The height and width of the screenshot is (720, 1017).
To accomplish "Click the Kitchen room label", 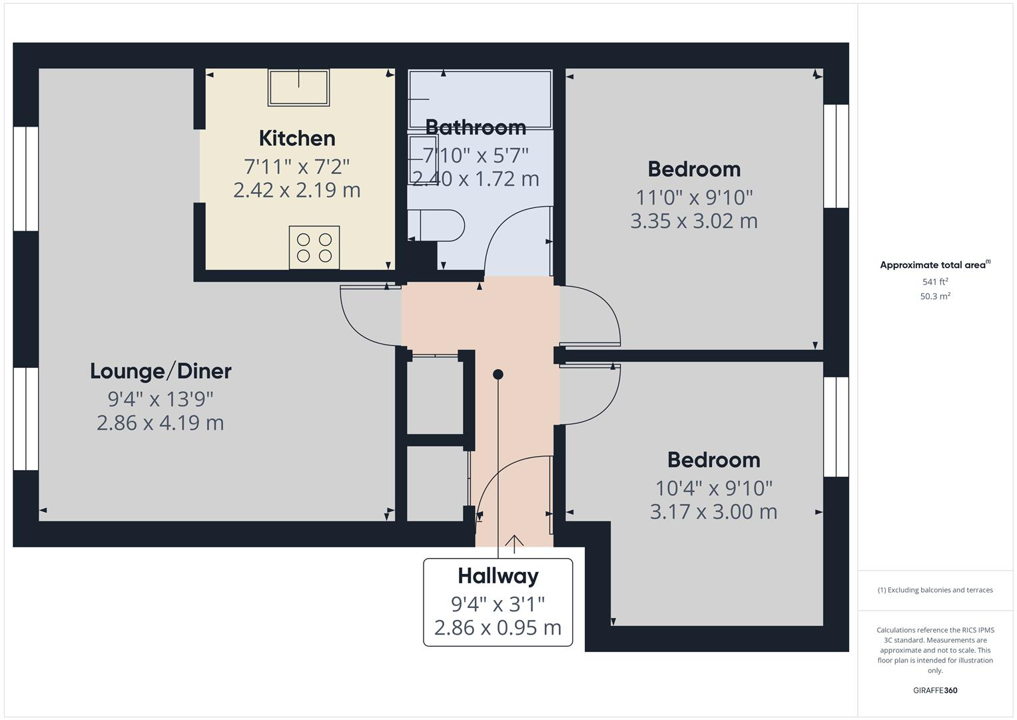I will click(x=296, y=139).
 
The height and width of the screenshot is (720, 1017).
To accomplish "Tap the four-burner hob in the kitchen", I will click(x=314, y=247).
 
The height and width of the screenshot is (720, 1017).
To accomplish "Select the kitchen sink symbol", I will click(x=298, y=87).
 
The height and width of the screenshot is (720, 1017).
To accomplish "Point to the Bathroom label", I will click(x=476, y=127).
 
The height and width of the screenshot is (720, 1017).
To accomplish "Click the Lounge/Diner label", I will click(x=161, y=371).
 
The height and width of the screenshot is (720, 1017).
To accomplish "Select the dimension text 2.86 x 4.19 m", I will click(x=161, y=423).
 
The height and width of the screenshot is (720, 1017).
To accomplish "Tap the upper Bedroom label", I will click(x=694, y=169).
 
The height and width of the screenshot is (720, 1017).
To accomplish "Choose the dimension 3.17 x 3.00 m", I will click(x=713, y=512).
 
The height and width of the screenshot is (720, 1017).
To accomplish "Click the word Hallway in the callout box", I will click(x=498, y=576).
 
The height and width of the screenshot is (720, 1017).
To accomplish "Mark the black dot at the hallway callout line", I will click(x=498, y=375).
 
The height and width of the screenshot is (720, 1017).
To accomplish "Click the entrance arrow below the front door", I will click(x=514, y=543).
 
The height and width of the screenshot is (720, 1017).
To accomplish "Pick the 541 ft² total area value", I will click(x=935, y=282).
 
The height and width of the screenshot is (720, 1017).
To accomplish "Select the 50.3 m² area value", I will click(x=935, y=297).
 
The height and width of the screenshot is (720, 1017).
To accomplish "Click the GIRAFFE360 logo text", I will click(x=935, y=691).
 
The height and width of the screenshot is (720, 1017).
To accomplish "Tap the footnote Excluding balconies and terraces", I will click(x=935, y=590).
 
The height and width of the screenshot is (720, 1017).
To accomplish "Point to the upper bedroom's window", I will click(x=836, y=157).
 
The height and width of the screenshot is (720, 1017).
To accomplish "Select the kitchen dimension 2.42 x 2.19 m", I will click(x=296, y=190).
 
